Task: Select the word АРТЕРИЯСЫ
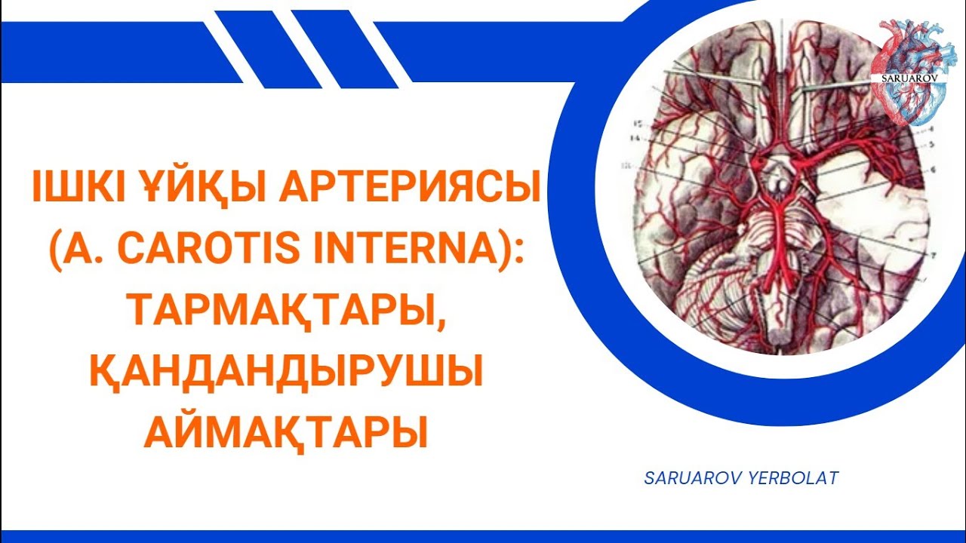(x=411, y=187)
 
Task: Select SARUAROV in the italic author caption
(x=691, y=478)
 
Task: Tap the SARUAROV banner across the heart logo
(x=909, y=78)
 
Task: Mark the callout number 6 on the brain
(x=934, y=168)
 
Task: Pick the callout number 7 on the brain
(x=934, y=254)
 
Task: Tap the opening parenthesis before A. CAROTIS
(x=60, y=250)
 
